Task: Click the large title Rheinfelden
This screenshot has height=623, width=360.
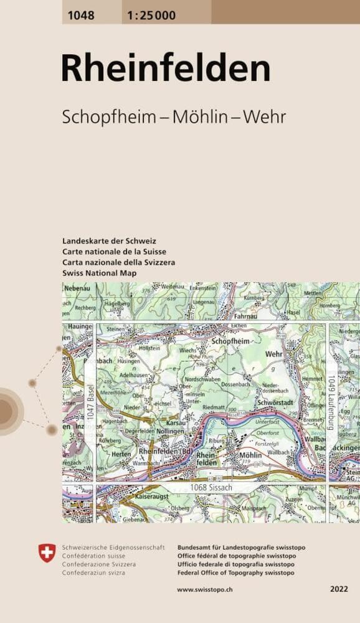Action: click(x=165, y=69)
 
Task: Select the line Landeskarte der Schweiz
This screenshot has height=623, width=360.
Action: click(x=109, y=240)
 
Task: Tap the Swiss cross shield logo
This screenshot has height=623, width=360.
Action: click(x=47, y=552)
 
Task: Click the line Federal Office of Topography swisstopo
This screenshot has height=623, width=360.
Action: click(x=236, y=573)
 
